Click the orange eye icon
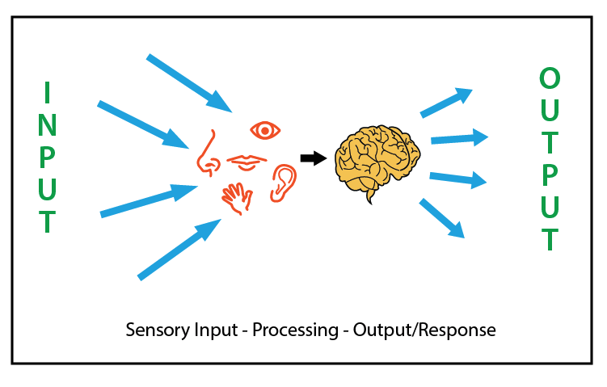click(264, 129)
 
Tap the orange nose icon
click(208, 154)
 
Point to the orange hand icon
click(238, 197)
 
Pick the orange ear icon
click(282, 182)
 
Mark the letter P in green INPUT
click(48, 157)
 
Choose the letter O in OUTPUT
click(550, 79)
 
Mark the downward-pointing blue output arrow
click(442, 218)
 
